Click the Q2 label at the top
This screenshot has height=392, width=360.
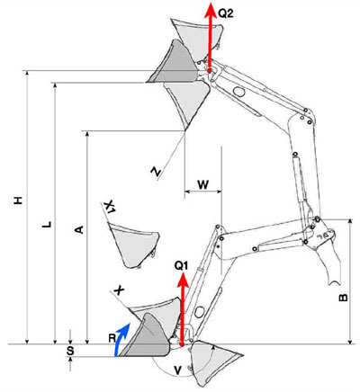[226, 13]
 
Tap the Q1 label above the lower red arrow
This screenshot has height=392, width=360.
[182, 266]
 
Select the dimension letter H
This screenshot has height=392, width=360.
[19, 200]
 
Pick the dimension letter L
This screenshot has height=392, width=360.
[47, 225]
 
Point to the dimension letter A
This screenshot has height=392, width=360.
[78, 229]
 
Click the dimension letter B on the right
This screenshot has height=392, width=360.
[343, 298]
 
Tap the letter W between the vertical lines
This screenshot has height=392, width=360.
[203, 184]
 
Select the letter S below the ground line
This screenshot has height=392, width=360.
[70, 351]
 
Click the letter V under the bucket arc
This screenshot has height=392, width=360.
[178, 370]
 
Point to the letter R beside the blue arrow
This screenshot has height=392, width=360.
[112, 338]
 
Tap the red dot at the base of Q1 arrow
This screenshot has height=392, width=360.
[182, 344]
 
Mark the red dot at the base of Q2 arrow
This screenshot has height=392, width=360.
[210, 70]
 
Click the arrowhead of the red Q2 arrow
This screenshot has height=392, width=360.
[211, 9]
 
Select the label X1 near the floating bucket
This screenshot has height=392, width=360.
[110, 207]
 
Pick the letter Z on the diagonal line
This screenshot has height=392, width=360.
[156, 171]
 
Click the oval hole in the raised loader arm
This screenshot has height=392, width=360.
[238, 91]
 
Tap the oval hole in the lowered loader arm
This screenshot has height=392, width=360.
[199, 312]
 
